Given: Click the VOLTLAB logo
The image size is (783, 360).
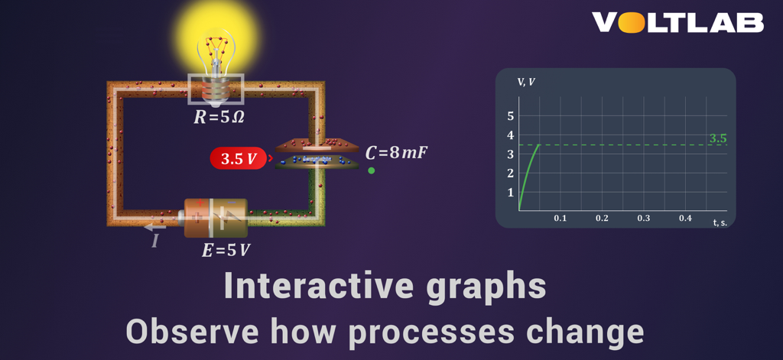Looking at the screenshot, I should [677, 23].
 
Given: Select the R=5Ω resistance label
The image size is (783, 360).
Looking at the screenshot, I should [219, 118].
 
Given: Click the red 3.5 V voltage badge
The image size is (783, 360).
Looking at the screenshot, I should [239, 159].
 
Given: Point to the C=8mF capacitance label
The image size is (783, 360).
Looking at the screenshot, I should [395, 152].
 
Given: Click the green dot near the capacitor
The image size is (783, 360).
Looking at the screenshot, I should [372, 170].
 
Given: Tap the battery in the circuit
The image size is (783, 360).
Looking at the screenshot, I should [215, 218].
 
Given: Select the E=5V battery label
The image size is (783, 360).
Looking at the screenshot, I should [226, 250].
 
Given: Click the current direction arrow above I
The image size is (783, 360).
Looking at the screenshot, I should [155, 226].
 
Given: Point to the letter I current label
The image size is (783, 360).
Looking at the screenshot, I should [155, 242].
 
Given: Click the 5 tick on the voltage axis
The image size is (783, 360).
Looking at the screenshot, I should [511, 116].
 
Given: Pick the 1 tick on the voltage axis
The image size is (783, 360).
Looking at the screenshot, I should [511, 192].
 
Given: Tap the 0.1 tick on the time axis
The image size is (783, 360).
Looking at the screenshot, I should [560, 219].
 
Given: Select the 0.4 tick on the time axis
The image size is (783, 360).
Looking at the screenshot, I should [685, 219].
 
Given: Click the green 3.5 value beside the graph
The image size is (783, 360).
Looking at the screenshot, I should [717, 138].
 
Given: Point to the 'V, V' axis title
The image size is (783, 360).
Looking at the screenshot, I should [526, 82].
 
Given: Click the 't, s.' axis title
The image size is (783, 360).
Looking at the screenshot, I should [720, 222].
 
